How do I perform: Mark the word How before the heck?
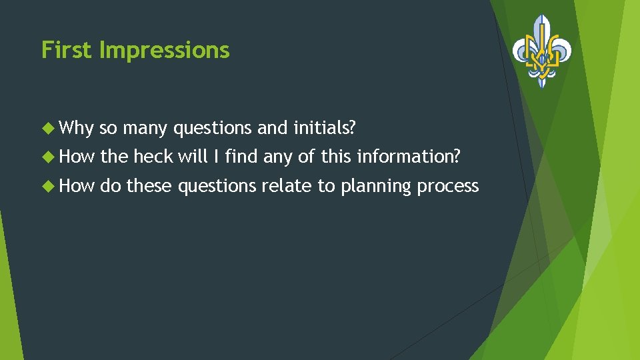coord(78,156)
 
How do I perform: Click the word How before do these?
coord(78,185)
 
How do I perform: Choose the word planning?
coord(376,186)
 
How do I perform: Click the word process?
coord(447,186)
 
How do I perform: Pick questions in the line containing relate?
coord(216,186)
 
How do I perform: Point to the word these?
coord(149,185)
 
